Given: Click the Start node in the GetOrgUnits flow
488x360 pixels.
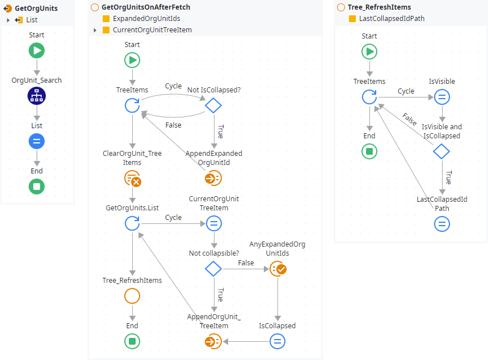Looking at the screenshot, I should click(x=37, y=51).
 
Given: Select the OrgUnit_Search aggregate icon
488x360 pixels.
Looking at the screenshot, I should click(x=37, y=96).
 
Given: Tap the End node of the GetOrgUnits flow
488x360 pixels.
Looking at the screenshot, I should click(x=37, y=187).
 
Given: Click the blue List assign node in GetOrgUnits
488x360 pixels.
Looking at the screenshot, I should click(x=37, y=141).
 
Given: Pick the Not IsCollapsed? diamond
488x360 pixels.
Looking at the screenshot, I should click(x=213, y=105).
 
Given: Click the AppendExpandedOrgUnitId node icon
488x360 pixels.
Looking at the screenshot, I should click(x=213, y=178).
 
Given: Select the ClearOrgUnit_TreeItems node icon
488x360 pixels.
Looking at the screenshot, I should click(x=132, y=179).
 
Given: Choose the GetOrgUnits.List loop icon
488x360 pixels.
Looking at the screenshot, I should click(x=132, y=223).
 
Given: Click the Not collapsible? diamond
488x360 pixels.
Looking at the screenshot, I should click(x=213, y=269).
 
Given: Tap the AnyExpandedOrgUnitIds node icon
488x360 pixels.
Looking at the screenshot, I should click(x=278, y=269).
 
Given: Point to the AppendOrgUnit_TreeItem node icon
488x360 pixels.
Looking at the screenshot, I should click(x=213, y=341).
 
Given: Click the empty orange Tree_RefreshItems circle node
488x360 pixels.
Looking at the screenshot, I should click(x=132, y=296).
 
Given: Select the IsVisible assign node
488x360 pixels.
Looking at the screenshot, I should click(x=442, y=97).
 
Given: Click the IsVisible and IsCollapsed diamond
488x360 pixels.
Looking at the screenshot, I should click(x=441, y=151).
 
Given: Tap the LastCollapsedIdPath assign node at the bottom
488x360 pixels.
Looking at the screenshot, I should click(x=442, y=224).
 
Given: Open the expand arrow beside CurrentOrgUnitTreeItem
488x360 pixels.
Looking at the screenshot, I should click(x=95, y=30).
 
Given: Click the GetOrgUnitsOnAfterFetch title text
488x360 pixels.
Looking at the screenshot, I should click(x=145, y=7).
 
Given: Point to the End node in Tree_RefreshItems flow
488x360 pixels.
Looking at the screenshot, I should click(x=369, y=151).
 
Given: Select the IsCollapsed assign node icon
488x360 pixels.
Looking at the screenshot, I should click(x=277, y=341).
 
